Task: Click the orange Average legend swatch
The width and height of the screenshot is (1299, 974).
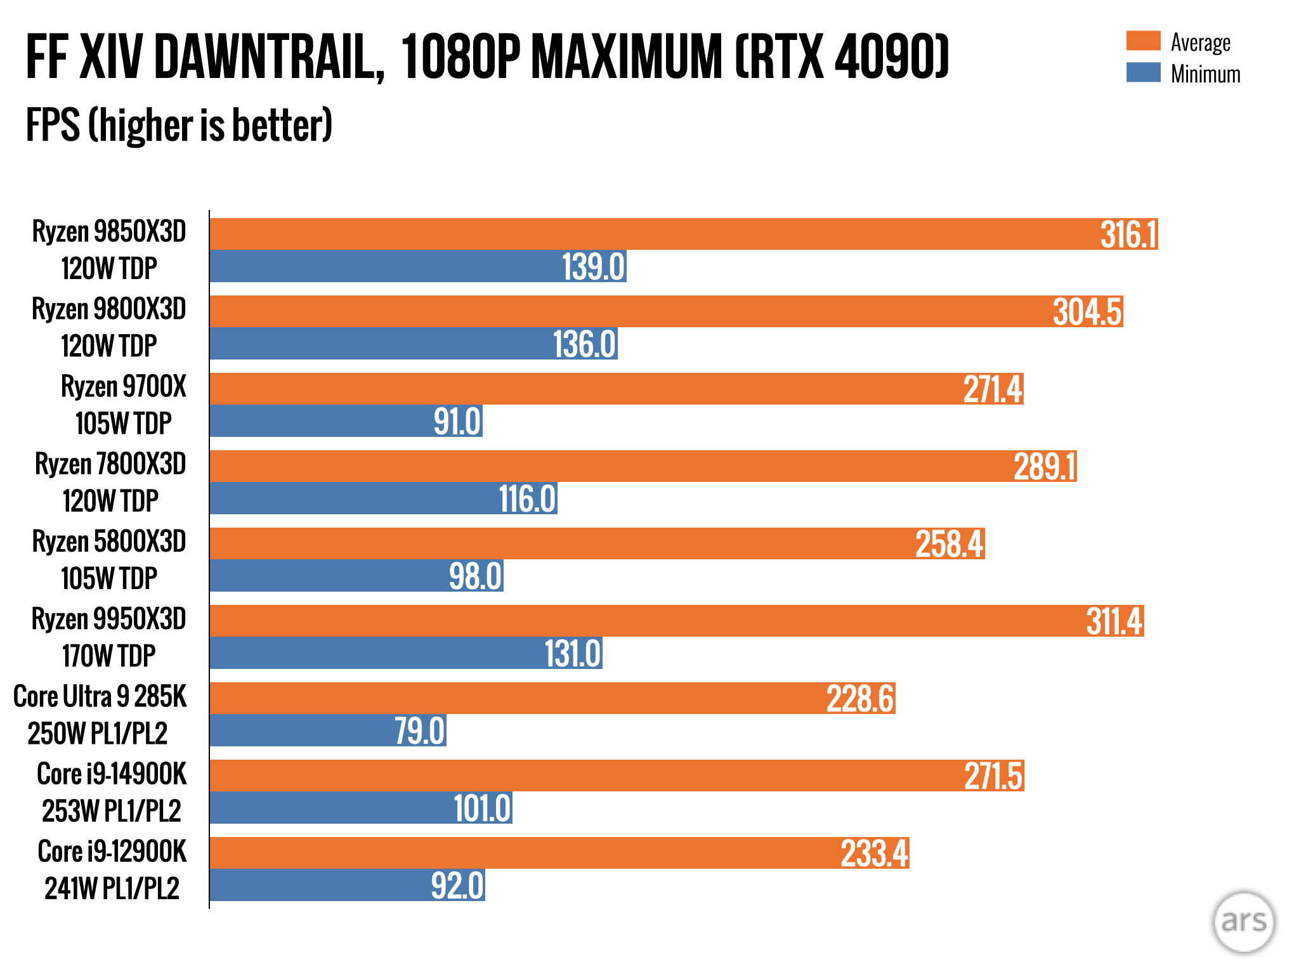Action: click(x=1143, y=41)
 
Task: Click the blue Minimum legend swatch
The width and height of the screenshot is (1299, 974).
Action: click(x=1143, y=72)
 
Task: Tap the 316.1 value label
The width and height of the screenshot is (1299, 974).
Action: click(x=1128, y=235)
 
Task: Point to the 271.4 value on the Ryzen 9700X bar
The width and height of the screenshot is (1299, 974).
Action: click(x=993, y=389)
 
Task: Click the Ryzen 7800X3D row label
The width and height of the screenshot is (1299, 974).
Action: click(x=110, y=464)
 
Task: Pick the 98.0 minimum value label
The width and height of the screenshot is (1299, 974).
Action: click(x=475, y=576)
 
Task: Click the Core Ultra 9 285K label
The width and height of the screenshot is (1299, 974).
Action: click(x=100, y=697)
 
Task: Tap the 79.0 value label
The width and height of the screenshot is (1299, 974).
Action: click(x=419, y=731)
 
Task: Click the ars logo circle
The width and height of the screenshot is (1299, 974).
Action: click(x=1243, y=921)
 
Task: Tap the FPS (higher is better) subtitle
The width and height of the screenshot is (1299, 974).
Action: click(x=179, y=125)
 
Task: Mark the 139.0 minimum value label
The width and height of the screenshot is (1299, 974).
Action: click(x=594, y=266)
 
